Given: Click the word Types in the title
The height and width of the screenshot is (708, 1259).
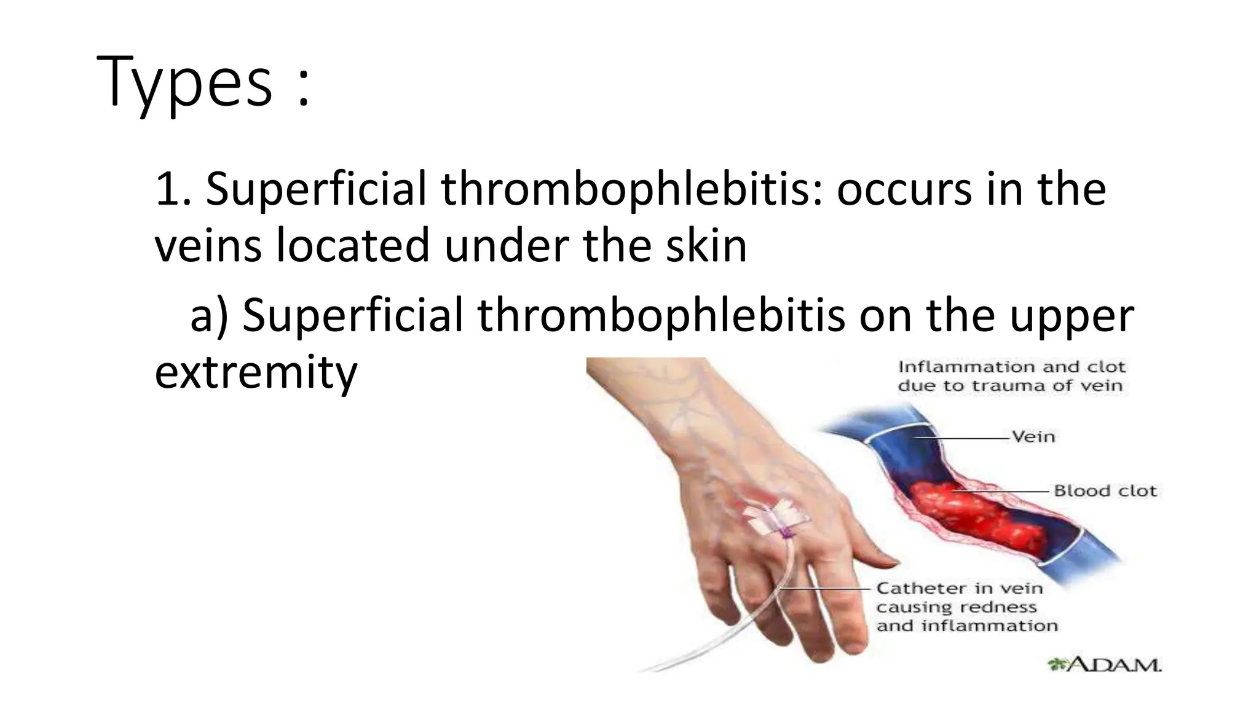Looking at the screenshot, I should point(184,82).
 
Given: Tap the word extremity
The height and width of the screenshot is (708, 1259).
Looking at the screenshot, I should point(256,373).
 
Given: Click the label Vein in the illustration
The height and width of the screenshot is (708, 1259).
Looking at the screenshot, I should point(1033,437).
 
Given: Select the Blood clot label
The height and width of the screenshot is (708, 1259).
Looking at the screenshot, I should point(1105,491).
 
